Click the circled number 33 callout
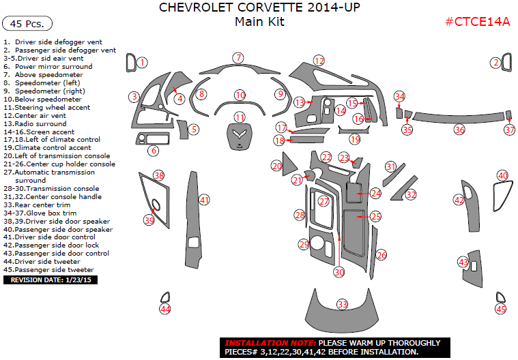point(342,304)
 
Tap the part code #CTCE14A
point(478,21)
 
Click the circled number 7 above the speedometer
point(238,58)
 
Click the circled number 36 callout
point(459,130)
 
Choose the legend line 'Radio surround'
point(35,123)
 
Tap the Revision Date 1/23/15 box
point(51,280)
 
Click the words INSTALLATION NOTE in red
point(270,343)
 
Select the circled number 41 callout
point(204,200)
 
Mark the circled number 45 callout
point(501,309)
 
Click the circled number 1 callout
point(142,63)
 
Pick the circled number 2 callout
point(495,63)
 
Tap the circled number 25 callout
point(375,216)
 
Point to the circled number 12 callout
point(318,61)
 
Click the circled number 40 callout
point(502,176)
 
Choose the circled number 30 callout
point(339,271)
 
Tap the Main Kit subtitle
point(259,22)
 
